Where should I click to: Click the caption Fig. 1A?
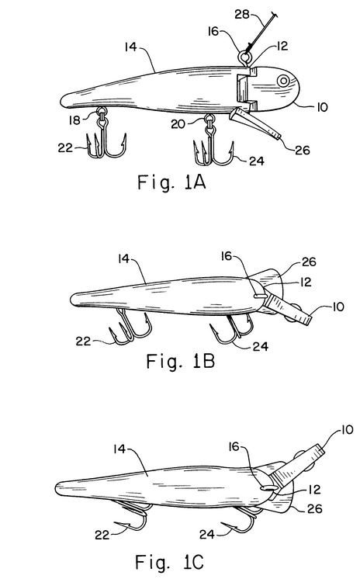click(x=171, y=182)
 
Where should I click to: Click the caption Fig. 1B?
click(x=180, y=361)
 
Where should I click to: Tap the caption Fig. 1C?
click(x=169, y=562)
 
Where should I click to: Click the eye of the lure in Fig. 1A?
click(x=283, y=81)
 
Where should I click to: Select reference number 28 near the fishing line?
click(x=242, y=15)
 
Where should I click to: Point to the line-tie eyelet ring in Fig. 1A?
click(x=245, y=57)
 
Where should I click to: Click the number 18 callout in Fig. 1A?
click(x=74, y=120)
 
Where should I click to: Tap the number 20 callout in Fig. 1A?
click(x=178, y=124)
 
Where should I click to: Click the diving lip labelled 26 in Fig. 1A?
click(x=254, y=123)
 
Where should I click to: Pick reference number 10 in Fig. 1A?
click(x=322, y=107)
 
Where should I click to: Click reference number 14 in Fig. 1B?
click(x=123, y=259)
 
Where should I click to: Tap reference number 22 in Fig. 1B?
click(x=83, y=341)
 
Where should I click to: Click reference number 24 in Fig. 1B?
click(x=261, y=346)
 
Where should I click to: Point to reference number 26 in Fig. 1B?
click(x=309, y=262)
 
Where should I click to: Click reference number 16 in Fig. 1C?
click(x=234, y=447)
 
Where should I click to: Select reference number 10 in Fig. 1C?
click(x=347, y=430)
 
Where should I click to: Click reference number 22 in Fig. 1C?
click(x=102, y=535)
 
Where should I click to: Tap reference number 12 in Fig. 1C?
click(x=314, y=490)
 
